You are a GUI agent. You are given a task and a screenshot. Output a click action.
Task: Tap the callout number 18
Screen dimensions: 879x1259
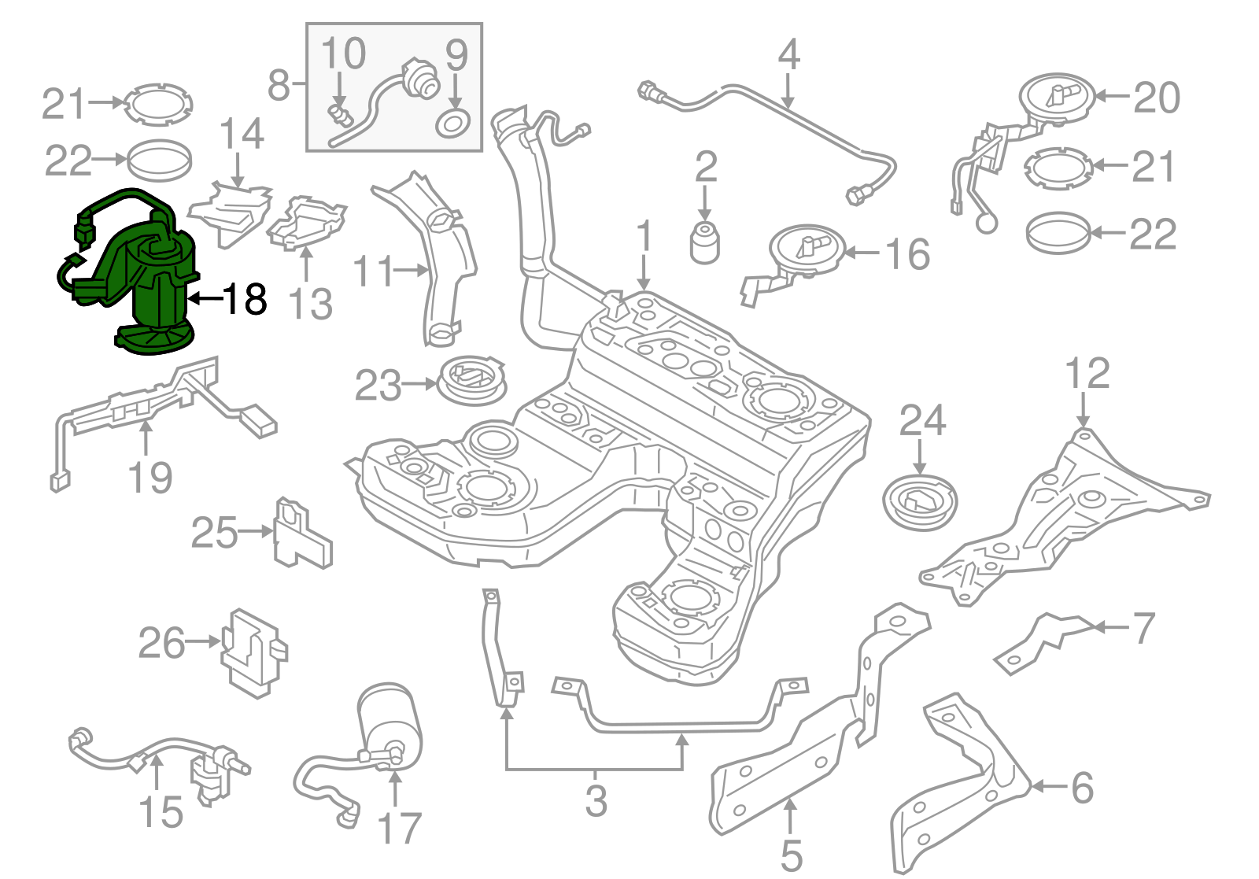(x=245, y=299)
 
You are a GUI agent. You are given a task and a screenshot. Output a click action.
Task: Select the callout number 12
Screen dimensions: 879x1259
(x=1087, y=373)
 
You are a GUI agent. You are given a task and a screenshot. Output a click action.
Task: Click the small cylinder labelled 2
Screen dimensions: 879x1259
(x=704, y=242)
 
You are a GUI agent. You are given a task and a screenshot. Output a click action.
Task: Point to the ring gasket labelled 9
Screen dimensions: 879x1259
(x=454, y=124)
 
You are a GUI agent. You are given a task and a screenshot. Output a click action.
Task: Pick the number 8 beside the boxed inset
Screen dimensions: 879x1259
(x=279, y=85)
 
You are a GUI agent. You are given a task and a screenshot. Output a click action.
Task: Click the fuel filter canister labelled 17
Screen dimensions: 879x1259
(x=390, y=720)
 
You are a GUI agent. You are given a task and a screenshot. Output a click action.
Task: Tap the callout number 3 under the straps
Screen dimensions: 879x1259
(x=596, y=800)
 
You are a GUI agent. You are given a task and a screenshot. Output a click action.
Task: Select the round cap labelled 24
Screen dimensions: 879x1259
(x=920, y=501)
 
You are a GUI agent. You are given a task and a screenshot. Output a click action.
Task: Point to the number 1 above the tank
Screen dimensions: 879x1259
(x=644, y=236)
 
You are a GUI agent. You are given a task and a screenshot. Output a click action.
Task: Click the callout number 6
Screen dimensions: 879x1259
(x=1083, y=787)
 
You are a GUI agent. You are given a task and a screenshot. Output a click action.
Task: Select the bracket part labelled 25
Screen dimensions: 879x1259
(x=301, y=534)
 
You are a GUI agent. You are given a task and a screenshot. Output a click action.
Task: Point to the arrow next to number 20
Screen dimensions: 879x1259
(x=1112, y=96)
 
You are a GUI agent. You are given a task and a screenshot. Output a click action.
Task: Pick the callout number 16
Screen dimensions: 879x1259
(x=907, y=253)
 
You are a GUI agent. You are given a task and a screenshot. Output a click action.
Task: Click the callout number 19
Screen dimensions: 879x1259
(x=150, y=478)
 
